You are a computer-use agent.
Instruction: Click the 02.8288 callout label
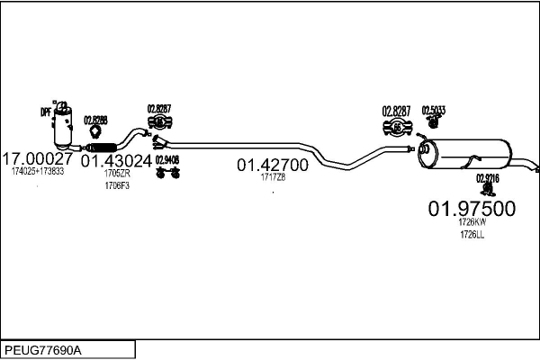tap(95, 120)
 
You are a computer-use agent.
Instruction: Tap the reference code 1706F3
tap(117, 186)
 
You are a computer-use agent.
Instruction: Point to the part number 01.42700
tap(273, 165)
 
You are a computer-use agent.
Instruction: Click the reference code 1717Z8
tap(273, 177)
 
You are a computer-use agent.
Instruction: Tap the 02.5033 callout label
tap(435, 111)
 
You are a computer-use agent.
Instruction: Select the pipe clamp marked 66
tap(397, 128)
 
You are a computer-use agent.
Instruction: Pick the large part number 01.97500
tap(471, 210)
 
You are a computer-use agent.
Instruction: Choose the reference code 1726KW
tap(472, 222)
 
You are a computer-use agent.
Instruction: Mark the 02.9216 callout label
tap(488, 178)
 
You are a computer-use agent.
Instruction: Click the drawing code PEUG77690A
tap(43, 349)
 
